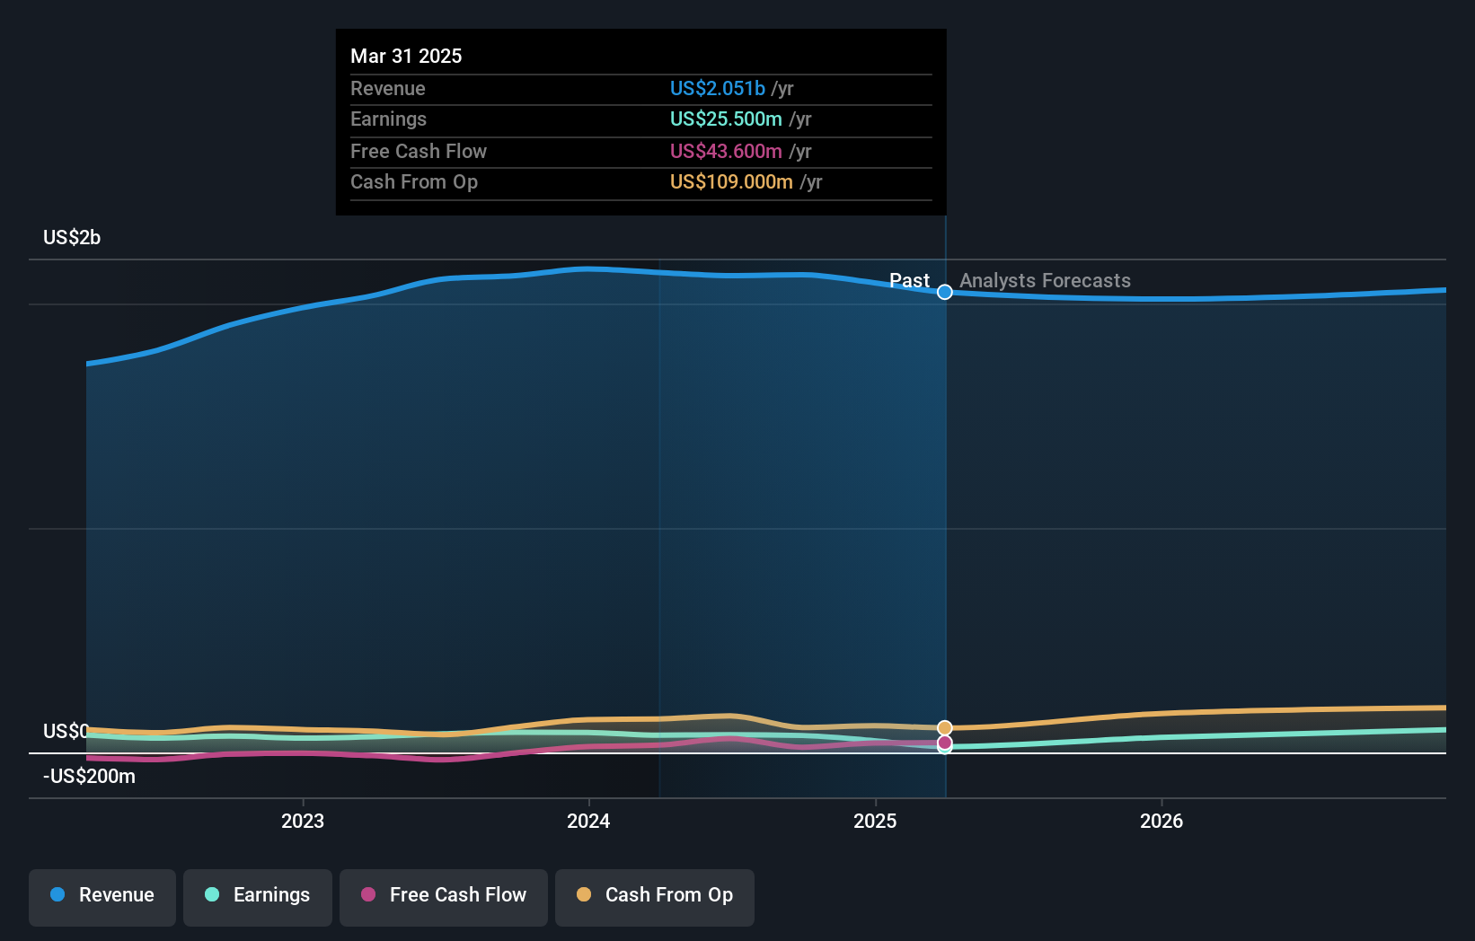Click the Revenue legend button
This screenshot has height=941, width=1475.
pyautogui.click(x=102, y=896)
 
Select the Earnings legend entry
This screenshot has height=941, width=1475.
pyautogui.click(x=258, y=896)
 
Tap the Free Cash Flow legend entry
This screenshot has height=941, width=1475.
pyautogui.click(x=444, y=896)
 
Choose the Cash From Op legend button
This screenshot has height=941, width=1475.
pyautogui.click(x=655, y=896)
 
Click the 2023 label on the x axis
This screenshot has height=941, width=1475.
pyautogui.click(x=303, y=821)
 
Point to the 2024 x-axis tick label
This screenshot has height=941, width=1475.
pyautogui.click(x=588, y=821)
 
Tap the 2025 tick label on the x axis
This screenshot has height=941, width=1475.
pyautogui.click(x=875, y=821)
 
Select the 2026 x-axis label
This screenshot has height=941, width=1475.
pyautogui.click(x=1161, y=821)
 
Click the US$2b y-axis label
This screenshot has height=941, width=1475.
pyautogui.click(x=72, y=238)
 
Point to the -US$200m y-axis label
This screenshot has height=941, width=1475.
pyautogui.click(x=89, y=777)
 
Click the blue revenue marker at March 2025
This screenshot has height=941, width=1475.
pyautogui.click(x=945, y=292)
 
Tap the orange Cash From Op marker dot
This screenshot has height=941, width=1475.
pyautogui.click(x=945, y=728)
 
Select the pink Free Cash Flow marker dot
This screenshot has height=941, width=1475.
pyautogui.click(x=945, y=743)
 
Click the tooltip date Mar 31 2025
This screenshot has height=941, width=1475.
pyautogui.click(x=406, y=56)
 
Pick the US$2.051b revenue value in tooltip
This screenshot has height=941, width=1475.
pyautogui.click(x=717, y=88)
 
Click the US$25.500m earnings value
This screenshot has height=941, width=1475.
pyautogui.click(x=726, y=119)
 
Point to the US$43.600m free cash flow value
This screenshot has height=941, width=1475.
pyautogui.click(x=726, y=151)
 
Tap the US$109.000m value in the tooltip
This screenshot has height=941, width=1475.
pyautogui.click(x=731, y=181)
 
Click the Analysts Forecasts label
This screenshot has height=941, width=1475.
pyautogui.click(x=1045, y=281)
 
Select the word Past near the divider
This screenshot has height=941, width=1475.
pyautogui.click(x=909, y=281)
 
